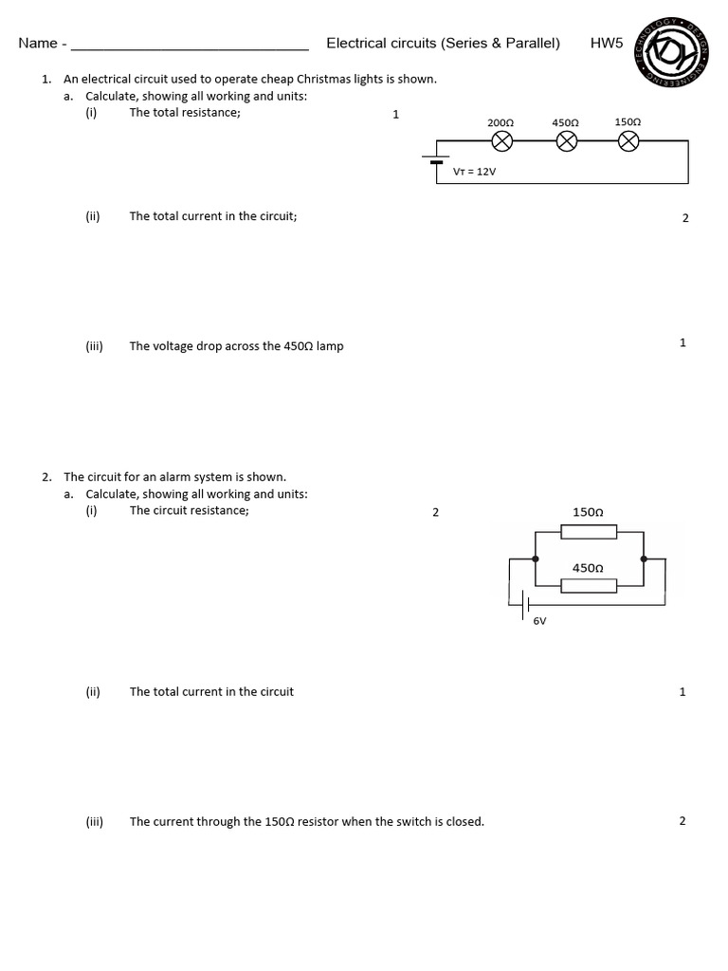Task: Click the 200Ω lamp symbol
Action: pos(501,141)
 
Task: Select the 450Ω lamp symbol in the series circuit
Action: pos(566,141)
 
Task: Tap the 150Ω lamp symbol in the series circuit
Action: pos(628,141)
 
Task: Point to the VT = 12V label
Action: pos(475,172)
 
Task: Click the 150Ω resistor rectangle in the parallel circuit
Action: pos(589,532)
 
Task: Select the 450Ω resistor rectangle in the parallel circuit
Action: pos(589,585)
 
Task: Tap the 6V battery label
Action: pos(539,621)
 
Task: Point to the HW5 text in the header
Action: pos(607,43)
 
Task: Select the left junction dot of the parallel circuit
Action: pos(537,559)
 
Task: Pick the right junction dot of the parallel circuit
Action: pos(645,559)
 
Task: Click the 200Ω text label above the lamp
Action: pos(500,123)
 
